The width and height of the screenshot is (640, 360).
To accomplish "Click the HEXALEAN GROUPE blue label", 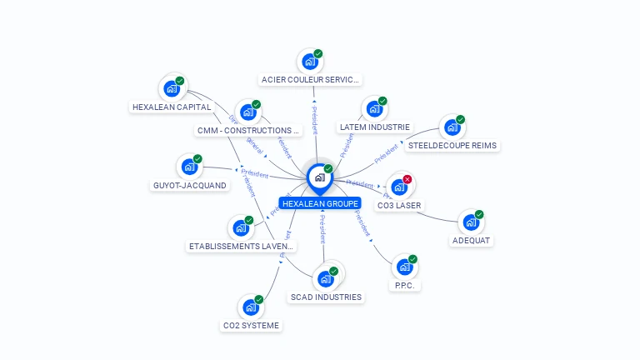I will click(320, 203).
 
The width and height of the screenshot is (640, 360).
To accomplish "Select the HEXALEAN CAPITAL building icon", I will click(171, 87).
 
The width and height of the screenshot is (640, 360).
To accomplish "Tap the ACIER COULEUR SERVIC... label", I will click(310, 80).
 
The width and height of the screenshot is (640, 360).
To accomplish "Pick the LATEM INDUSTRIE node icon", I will click(373, 109).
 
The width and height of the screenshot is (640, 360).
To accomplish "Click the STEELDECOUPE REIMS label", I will click(452, 145).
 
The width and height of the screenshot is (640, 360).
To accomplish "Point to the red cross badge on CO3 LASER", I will click(407, 179).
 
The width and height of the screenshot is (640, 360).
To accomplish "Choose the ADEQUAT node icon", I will click(470, 222).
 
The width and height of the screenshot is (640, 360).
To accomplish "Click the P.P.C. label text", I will click(404, 285).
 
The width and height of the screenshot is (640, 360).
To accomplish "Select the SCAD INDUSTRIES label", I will click(326, 297).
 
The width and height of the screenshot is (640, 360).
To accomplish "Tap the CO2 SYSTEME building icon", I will click(250, 307).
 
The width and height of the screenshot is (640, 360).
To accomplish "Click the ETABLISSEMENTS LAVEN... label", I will click(242, 246).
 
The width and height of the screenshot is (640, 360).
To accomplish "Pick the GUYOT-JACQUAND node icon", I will click(189, 167).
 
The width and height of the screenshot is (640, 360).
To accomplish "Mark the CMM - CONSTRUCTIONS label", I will click(248, 131).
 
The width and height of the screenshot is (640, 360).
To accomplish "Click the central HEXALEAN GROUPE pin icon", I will click(319, 177).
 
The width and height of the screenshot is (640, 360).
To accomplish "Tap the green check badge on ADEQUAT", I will click(479, 214).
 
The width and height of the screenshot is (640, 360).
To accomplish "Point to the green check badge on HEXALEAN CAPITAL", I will click(180, 80).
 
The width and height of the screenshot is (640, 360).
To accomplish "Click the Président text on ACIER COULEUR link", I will click(314, 118).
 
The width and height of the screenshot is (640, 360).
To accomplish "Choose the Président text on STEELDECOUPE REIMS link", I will click(386, 153).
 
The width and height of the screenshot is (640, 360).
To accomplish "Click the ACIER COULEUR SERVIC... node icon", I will click(309, 62).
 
